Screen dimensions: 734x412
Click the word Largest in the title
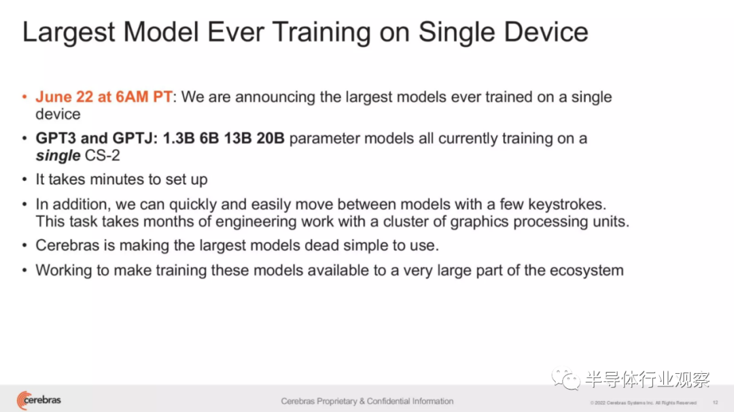(x=69, y=33)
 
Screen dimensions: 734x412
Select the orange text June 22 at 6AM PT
(x=104, y=97)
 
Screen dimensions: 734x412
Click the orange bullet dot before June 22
(x=25, y=97)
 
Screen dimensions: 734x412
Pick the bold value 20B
(x=270, y=139)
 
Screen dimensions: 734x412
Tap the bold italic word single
(x=58, y=156)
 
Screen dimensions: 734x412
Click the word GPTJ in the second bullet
(x=135, y=139)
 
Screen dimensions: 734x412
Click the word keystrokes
(x=567, y=205)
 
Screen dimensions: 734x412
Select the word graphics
(x=479, y=222)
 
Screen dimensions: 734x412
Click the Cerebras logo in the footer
(x=39, y=400)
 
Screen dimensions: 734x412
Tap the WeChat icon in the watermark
(x=565, y=379)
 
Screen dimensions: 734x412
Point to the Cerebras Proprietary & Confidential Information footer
(x=367, y=401)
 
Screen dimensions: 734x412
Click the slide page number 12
(x=715, y=402)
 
